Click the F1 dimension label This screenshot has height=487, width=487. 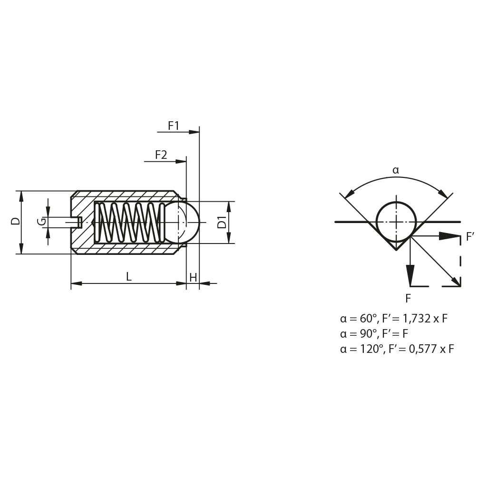click(x=174, y=126)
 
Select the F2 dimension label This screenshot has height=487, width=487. click(x=161, y=155)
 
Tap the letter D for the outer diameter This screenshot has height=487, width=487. click(x=16, y=221)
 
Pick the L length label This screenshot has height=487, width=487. click(x=129, y=276)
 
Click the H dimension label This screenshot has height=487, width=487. click(x=193, y=277)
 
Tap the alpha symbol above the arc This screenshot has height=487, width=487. click(x=396, y=170)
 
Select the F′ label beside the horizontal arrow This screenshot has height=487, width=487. click(x=470, y=237)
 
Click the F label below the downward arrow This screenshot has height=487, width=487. click(x=408, y=299)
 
